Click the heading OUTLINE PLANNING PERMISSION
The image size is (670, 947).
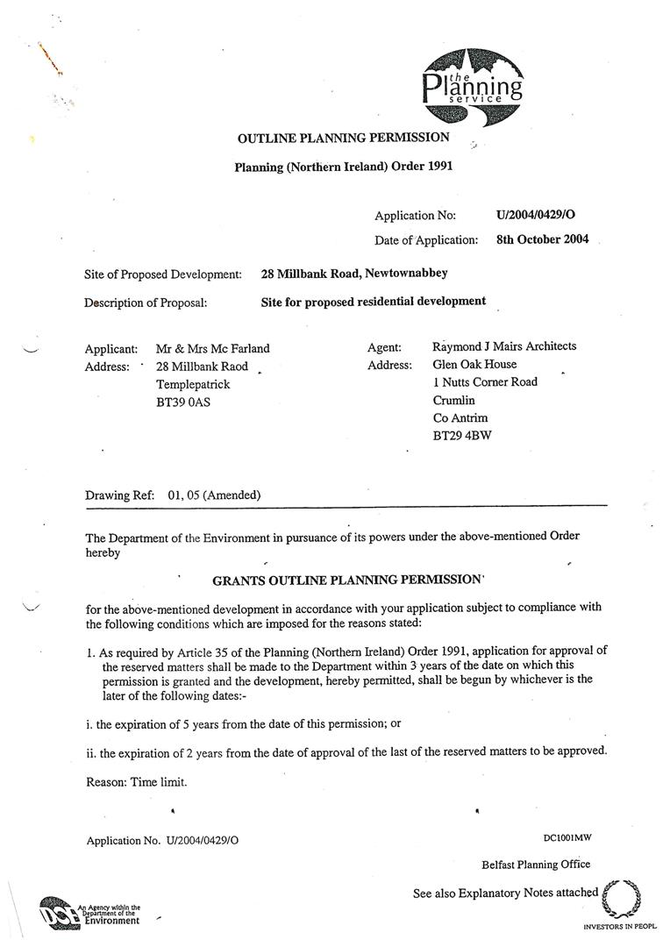click(x=344, y=138)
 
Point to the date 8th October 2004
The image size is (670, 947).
click(x=542, y=239)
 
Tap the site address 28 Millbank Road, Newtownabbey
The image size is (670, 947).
click(x=354, y=274)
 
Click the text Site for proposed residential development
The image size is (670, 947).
click(x=373, y=301)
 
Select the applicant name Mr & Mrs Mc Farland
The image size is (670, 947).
click(x=212, y=348)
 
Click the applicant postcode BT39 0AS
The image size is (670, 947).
click(x=183, y=402)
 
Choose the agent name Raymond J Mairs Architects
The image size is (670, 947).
click(x=504, y=346)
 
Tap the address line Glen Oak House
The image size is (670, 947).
click(x=474, y=364)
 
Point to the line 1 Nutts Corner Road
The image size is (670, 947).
click(x=485, y=382)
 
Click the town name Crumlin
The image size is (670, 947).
click(x=453, y=400)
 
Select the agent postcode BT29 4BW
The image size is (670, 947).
click(x=462, y=436)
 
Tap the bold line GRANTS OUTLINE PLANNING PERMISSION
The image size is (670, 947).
click(x=348, y=580)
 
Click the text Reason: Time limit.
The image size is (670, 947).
click(x=136, y=781)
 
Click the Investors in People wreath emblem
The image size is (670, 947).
click(x=623, y=899)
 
